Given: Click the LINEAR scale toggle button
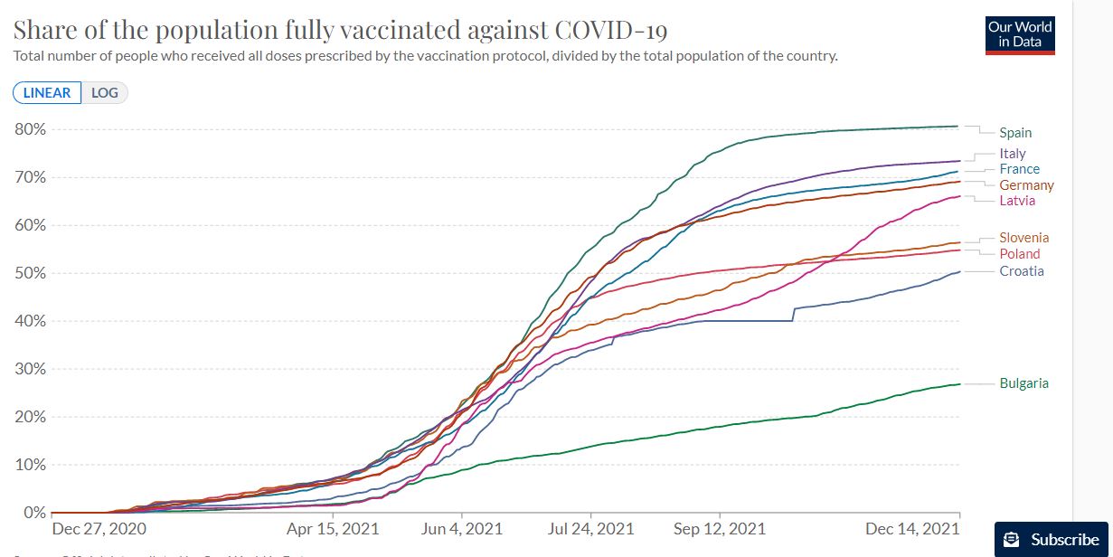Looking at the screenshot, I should pos(47,92).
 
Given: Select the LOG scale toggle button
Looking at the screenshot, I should pos(105,92).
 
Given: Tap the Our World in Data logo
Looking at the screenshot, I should pos(1020,34).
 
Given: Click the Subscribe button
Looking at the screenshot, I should pos(1053,539).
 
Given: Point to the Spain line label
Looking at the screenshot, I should pos(1015,133).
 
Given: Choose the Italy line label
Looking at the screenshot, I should pos(1013,154).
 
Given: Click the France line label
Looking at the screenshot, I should pos(1019,169).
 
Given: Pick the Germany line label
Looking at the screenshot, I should pos(1026,185).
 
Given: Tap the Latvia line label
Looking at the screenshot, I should pos(1017,200).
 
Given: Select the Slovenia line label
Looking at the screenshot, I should pos(1023,238).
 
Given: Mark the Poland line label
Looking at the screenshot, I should pos(1019,254).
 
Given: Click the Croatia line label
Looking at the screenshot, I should pos(1021,271).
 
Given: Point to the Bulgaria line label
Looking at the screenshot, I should pos(1023,383).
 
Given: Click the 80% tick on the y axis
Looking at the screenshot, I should pos(30,129).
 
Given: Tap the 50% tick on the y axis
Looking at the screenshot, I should pos(30,273).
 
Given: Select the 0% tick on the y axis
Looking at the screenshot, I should pos(33,513).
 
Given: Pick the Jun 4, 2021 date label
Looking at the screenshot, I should pos(461,529).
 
